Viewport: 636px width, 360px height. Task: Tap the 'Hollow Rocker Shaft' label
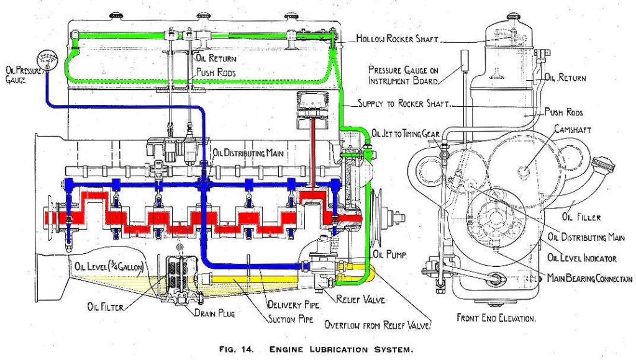click(x=398, y=38)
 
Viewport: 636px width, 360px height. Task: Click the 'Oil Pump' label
click(x=388, y=254)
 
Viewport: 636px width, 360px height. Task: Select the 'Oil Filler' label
click(x=581, y=217)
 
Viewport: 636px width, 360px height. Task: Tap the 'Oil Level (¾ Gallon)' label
click(x=109, y=266)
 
